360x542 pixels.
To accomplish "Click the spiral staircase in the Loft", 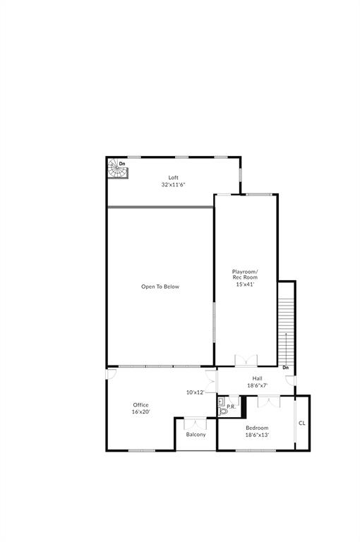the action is click(x=118, y=169).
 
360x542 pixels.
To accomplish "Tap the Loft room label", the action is click(x=173, y=177).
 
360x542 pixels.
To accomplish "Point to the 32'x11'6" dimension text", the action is click(x=173, y=185).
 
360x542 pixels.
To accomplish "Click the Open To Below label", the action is click(x=160, y=287).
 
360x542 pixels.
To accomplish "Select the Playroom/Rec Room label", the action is click(x=245, y=274).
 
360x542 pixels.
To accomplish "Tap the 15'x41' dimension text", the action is click(x=245, y=284).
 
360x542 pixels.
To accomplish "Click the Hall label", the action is click(x=257, y=378).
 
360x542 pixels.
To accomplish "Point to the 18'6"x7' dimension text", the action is click(x=257, y=385).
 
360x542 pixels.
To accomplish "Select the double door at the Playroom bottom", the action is click(x=246, y=361).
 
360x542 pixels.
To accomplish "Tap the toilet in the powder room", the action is click(x=223, y=411).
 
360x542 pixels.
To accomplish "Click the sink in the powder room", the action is click(x=221, y=402).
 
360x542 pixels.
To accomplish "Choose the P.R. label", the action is click(x=231, y=406).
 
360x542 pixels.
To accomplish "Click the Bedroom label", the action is click(x=257, y=428).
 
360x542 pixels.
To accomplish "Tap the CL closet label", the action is click(x=302, y=423).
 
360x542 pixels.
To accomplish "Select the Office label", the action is click(x=140, y=405).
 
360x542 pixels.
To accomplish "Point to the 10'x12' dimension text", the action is click(x=196, y=392).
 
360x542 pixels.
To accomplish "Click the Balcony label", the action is click(x=196, y=435).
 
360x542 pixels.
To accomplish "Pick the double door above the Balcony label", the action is click(x=196, y=423).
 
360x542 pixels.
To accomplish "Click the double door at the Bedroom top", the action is click(x=269, y=402).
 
